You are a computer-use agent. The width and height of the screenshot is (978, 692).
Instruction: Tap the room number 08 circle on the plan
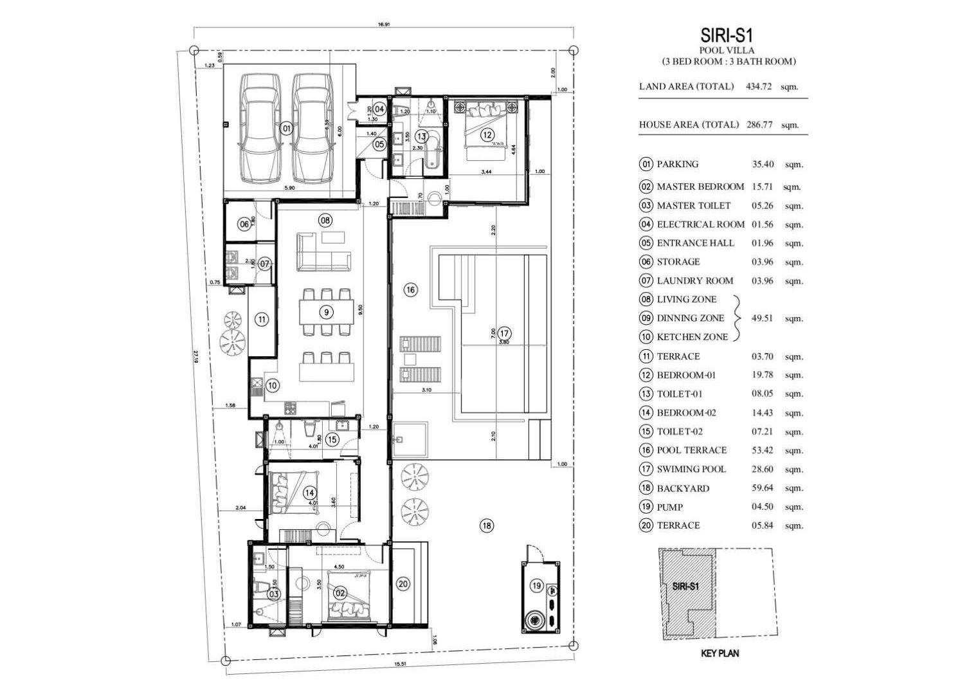click(325, 221)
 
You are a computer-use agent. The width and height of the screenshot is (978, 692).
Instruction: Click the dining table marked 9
click(327, 313)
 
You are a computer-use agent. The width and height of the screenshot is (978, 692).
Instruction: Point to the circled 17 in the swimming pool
click(504, 333)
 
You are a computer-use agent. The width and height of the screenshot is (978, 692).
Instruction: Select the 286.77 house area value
click(759, 125)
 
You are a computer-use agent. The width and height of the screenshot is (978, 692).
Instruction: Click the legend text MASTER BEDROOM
click(700, 187)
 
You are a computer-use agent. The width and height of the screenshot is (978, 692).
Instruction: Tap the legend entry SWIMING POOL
click(691, 469)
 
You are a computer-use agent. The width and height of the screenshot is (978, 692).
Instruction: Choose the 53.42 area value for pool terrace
click(763, 450)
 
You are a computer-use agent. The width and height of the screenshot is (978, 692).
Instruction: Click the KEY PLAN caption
click(719, 653)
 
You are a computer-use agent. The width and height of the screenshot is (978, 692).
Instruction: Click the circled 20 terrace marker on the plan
click(403, 584)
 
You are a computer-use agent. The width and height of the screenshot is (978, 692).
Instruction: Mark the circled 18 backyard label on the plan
click(487, 526)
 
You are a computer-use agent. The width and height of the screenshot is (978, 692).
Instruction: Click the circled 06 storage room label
click(244, 224)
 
